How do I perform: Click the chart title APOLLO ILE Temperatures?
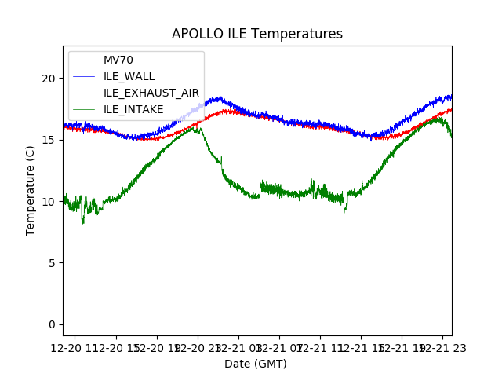(257, 34)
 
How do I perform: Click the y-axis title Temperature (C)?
(31, 190)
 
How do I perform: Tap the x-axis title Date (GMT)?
(256, 364)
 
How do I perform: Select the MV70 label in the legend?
(118, 60)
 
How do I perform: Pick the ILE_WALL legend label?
(129, 76)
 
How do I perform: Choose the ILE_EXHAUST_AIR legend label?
(151, 93)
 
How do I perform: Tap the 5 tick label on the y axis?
(52, 262)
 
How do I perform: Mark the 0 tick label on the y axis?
(52, 324)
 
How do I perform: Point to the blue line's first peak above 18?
(219, 98)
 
